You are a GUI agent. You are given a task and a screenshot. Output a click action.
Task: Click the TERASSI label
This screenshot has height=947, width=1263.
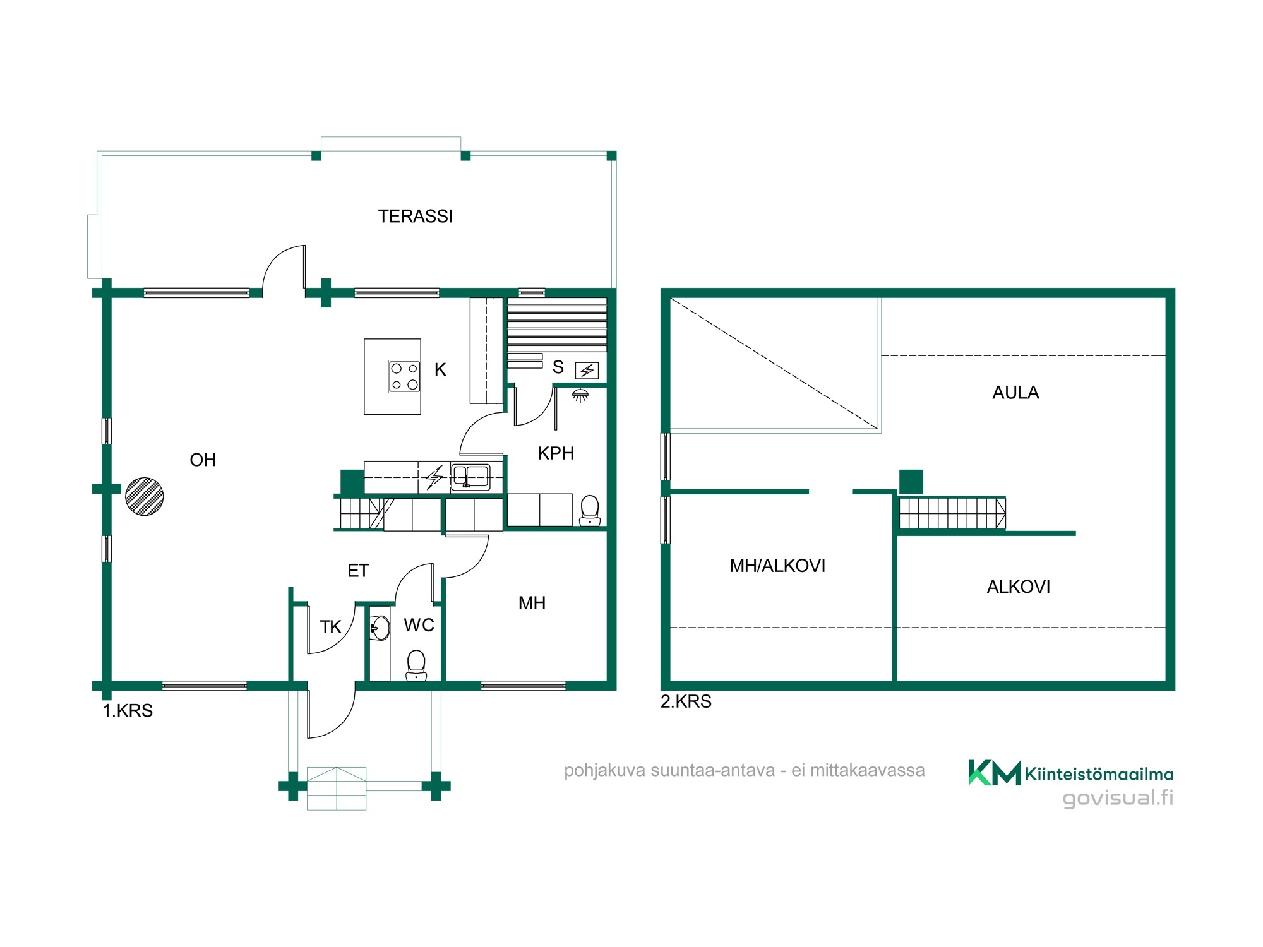click(x=416, y=217)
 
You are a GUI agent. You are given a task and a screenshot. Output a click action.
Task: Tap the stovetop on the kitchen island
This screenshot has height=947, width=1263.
click(x=404, y=376)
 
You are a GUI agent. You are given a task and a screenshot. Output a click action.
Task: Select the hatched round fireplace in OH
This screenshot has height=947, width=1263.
click(x=145, y=496)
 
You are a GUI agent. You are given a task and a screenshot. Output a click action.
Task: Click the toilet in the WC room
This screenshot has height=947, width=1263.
click(x=416, y=665)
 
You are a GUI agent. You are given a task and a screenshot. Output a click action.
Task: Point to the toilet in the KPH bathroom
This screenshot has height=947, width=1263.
click(x=589, y=510)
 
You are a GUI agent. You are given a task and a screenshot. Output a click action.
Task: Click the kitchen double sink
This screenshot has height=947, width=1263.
click(x=470, y=477)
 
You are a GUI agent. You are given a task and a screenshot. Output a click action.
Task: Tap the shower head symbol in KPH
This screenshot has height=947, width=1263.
click(x=580, y=396)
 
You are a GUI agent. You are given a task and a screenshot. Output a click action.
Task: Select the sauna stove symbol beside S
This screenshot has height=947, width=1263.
click(x=587, y=371)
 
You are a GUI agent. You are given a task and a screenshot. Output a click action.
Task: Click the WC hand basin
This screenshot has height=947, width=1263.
click(x=380, y=628)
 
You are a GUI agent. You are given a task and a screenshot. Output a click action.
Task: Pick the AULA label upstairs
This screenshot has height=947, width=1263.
click(x=1015, y=393)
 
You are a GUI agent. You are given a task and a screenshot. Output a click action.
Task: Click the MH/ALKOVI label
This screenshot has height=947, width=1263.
click(x=777, y=566)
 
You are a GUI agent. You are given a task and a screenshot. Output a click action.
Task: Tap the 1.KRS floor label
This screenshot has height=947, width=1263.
click(x=128, y=711)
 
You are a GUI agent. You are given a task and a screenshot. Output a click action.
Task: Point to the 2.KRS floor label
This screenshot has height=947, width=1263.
click(x=686, y=701)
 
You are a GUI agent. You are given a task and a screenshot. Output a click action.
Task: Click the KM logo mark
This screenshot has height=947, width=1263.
click(x=995, y=772)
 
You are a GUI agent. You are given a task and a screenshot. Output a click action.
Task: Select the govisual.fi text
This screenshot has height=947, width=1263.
click(x=1118, y=799)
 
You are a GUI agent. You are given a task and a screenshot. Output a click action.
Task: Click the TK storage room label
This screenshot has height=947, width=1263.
click(x=330, y=627)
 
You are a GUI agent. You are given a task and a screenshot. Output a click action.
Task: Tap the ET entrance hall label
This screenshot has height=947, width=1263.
click(x=358, y=571)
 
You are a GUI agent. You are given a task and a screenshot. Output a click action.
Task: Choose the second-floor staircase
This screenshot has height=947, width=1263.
click(x=952, y=513)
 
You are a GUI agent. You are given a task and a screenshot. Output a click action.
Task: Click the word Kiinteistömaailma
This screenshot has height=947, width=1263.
click(x=1099, y=774)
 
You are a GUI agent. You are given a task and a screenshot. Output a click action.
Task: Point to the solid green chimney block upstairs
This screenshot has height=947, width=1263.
click(x=911, y=482)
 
